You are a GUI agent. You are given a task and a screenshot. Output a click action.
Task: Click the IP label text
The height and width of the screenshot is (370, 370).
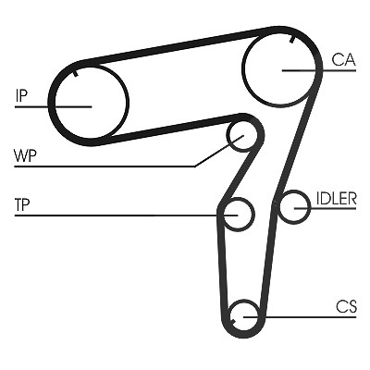21,95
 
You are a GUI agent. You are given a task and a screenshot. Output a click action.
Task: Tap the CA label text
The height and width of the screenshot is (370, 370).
343,59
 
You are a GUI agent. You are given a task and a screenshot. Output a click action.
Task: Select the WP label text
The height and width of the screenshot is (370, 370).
26,156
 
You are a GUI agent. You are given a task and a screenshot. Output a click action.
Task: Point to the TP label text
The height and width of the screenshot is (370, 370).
22,204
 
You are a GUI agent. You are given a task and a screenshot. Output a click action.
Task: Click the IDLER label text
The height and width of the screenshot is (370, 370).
336,199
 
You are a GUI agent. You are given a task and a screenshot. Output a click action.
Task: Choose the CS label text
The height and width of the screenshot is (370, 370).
346,307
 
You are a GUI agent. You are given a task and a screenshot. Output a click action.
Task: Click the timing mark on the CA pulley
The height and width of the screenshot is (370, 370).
291,40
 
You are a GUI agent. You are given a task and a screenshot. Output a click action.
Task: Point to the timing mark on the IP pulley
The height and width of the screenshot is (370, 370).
76,73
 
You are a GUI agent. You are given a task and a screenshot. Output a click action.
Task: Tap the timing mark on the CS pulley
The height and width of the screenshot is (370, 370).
233,321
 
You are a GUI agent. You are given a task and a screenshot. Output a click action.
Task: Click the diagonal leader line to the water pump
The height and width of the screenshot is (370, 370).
219,151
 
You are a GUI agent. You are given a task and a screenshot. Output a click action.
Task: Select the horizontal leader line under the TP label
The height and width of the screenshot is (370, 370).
127,215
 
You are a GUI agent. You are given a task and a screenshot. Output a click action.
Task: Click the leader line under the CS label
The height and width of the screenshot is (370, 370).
300,316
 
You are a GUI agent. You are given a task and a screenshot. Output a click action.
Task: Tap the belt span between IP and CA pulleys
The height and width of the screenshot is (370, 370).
179,45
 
